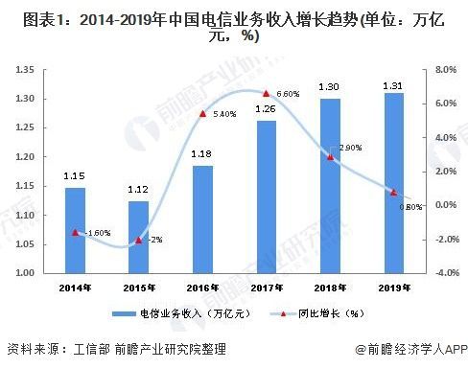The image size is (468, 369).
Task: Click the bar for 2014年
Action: coord(75,230)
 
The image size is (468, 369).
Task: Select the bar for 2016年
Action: coord(202,219)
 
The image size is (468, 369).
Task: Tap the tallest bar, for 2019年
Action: coord(392,182)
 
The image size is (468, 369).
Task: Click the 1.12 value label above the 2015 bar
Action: coord(139,190)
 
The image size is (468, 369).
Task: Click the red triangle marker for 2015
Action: coord(139,240)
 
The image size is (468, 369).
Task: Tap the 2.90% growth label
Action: coord(350,149)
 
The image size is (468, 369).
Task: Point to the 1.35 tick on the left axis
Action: coord(26,70)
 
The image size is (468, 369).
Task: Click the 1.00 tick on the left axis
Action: coord(26,273)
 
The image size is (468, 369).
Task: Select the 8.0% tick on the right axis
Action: coord(445,70)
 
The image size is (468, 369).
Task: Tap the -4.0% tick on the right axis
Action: coord(445,273)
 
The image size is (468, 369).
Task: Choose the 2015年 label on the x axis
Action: coord(139,288)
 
